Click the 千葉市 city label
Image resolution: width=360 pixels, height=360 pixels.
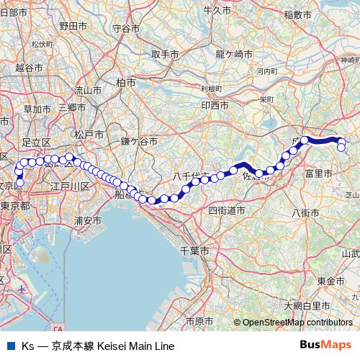194,251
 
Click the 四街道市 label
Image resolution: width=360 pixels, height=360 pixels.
227,210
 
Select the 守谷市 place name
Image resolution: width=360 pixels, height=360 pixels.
126,29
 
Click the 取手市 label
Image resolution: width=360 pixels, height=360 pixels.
165,54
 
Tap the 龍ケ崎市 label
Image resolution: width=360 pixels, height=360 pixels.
234,53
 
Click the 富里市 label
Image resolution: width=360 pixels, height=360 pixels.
318,174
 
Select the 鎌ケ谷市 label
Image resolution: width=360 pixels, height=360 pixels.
138,142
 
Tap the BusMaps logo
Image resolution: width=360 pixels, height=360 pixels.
326,345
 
